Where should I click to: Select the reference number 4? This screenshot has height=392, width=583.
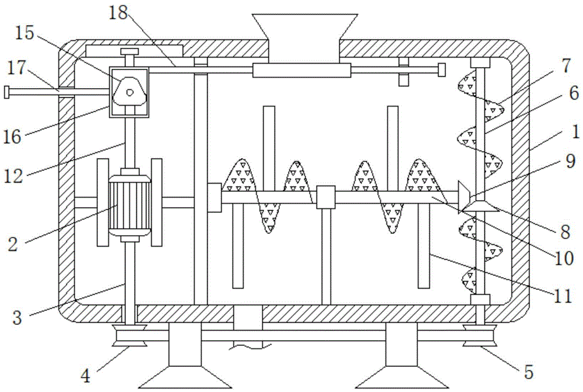87,375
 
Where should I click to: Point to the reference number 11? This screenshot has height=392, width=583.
562,296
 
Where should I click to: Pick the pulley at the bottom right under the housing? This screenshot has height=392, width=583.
480,337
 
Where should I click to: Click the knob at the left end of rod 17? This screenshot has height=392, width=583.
6,92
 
